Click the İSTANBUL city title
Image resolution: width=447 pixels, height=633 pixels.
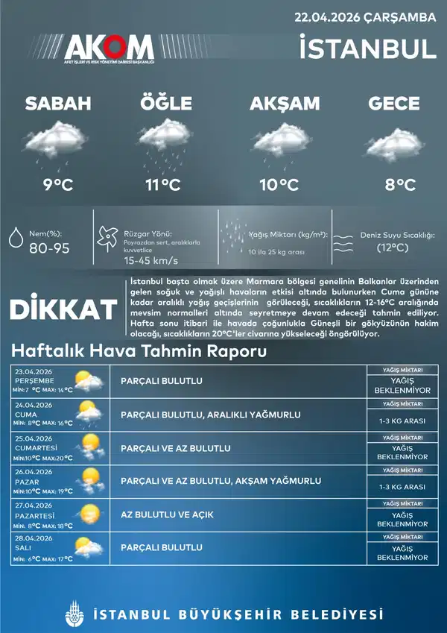(367, 48)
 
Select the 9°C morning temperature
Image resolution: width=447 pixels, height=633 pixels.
(57, 185)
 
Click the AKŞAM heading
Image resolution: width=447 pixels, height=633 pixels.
(285, 104)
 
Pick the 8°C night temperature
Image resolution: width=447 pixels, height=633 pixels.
(400, 185)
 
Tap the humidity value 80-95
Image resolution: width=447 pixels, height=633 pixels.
(49, 248)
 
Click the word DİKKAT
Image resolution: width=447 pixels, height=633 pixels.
(63, 309)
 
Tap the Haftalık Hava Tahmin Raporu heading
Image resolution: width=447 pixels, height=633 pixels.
(139, 351)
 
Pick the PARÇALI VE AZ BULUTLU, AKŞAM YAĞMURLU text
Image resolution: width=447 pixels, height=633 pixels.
(221, 482)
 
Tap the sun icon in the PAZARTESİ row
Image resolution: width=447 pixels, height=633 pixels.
(89, 514)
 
